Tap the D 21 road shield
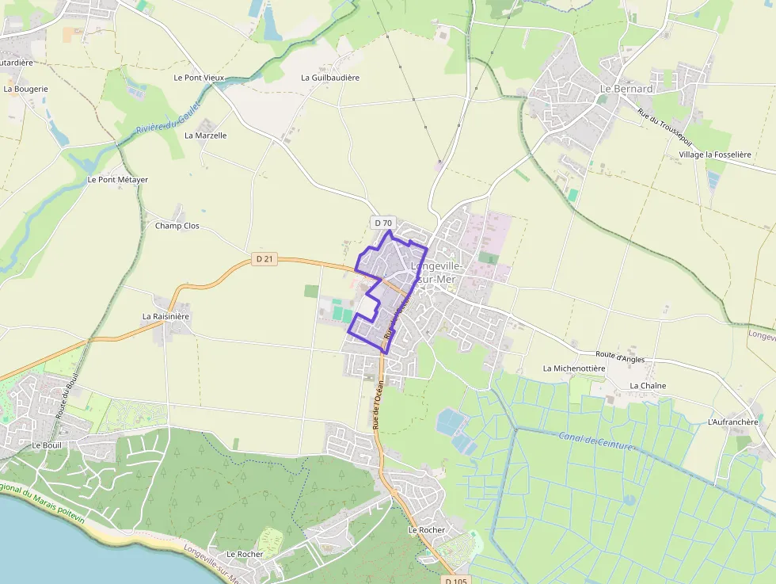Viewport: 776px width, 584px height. [265, 258]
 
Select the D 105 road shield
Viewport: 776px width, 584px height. [457, 580]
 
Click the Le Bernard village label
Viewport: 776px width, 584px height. [626, 89]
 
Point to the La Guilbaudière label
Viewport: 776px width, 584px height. [330, 78]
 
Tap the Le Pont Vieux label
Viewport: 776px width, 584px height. [199, 78]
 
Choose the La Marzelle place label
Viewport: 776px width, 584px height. [206, 136]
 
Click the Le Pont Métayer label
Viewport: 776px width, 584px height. [117, 180]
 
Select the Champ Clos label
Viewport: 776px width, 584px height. [177, 226]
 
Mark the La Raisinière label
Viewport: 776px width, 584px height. [166, 316]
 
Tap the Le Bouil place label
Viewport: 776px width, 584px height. [47, 445]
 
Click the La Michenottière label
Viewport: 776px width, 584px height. [574, 368]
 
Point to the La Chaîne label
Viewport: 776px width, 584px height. [648, 386]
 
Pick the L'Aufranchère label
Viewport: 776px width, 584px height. [732, 422]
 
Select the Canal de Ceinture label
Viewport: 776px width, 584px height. [595, 441]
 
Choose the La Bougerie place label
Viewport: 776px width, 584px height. [26, 89]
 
